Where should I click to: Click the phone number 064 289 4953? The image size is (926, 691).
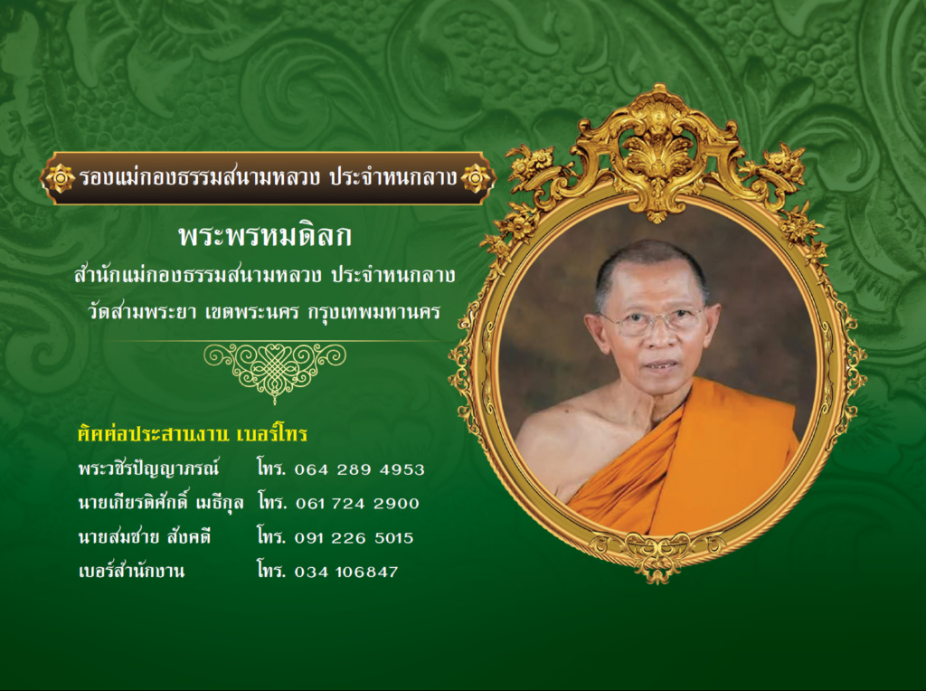coord(359,469)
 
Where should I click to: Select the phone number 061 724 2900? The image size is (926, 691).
coord(357,503)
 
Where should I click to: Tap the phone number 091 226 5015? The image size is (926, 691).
coord(354,537)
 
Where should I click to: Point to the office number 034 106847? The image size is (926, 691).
coord(346,572)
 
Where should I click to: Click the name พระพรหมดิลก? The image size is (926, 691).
coord(265,236)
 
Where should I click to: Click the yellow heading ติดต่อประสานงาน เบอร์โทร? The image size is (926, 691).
coord(193,434)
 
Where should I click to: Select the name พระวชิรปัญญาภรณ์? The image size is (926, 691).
coord(149,469)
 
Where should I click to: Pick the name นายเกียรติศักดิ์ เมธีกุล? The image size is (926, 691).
coord(161,503)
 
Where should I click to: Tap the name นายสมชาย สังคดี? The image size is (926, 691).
coord(145,537)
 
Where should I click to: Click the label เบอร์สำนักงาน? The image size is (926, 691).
coord(131,570)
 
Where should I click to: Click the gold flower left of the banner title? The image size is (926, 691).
coord(61,178)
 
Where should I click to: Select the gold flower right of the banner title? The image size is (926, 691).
coord(476,178)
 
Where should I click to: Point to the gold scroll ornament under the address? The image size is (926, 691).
coord(275,371)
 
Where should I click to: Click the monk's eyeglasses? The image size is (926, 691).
coord(653,319)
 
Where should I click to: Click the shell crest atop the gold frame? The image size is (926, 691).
coord(657,155)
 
